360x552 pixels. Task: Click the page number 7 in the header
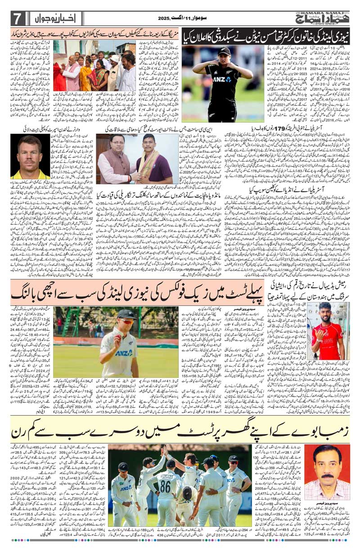(x=17, y=18)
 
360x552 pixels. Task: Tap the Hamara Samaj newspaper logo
(x=321, y=17)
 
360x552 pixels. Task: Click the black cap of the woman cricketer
(x=223, y=52)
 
